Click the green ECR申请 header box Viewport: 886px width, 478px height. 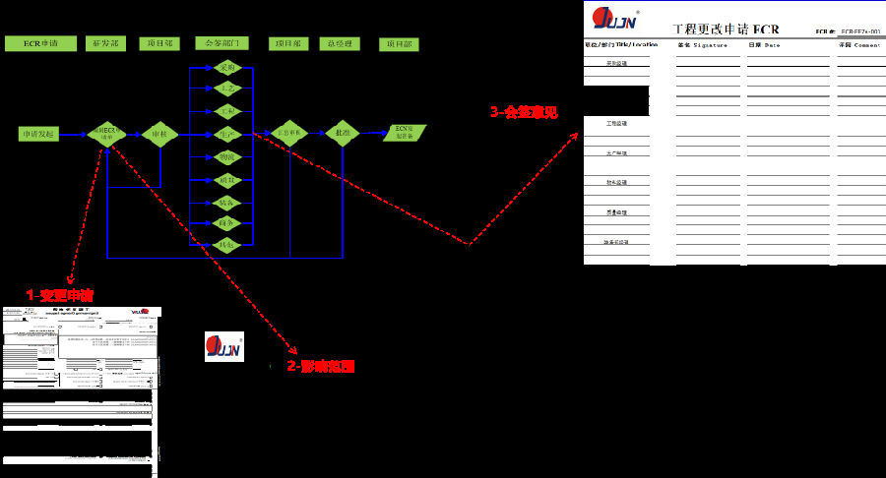39,44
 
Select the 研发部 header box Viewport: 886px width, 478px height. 108,44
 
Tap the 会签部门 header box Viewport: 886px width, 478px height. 222,44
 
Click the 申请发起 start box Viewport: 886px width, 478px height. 39,133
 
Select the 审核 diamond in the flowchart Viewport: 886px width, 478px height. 158,134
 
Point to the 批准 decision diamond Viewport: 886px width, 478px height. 343,133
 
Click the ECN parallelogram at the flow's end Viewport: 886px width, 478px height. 405,133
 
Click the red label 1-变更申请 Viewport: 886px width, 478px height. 60,295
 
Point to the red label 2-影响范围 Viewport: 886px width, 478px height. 320,366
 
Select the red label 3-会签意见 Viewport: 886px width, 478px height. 524,112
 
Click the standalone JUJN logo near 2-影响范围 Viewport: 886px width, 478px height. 223,347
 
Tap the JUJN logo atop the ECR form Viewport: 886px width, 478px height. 614,19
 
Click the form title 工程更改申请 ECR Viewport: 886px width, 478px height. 725,29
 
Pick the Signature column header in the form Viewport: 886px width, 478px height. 703,45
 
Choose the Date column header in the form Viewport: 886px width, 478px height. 764,45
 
